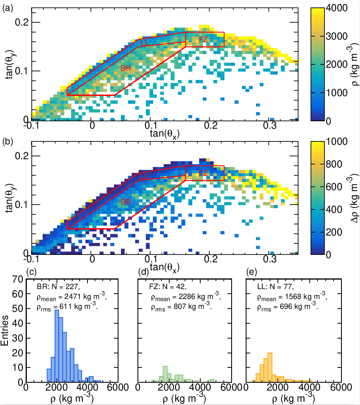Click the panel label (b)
click(7, 142)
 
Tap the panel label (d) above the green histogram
click(144, 271)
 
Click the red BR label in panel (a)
click(126, 68)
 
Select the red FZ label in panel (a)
click(203, 40)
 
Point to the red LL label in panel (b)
click(145, 176)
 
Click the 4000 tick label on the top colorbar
click(337, 8)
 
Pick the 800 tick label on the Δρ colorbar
click(334, 164)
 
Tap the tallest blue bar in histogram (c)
click(57, 346)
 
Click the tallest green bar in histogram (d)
click(165, 374)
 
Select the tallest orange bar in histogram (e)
click(270, 367)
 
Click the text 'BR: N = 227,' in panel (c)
click(59, 287)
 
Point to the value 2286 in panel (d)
click(187, 297)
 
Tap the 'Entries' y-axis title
click(5, 331)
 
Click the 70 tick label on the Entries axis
click(18, 279)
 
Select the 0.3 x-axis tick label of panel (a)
click(270, 126)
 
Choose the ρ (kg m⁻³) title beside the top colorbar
click(354, 65)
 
